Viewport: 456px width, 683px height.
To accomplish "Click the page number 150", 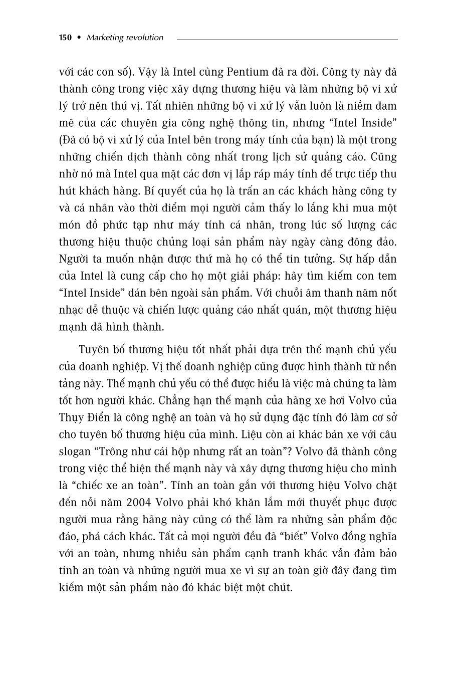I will click(x=66, y=38).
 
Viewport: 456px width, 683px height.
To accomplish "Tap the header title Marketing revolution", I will click(x=125, y=38).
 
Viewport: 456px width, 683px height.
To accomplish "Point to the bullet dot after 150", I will click(x=79, y=38).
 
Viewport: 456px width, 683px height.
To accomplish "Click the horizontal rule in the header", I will click(x=287, y=39).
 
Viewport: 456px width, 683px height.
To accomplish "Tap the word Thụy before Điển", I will click(x=72, y=417).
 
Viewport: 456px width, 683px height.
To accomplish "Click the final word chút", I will click(x=280, y=588).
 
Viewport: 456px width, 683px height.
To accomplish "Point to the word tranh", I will click(x=281, y=554).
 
